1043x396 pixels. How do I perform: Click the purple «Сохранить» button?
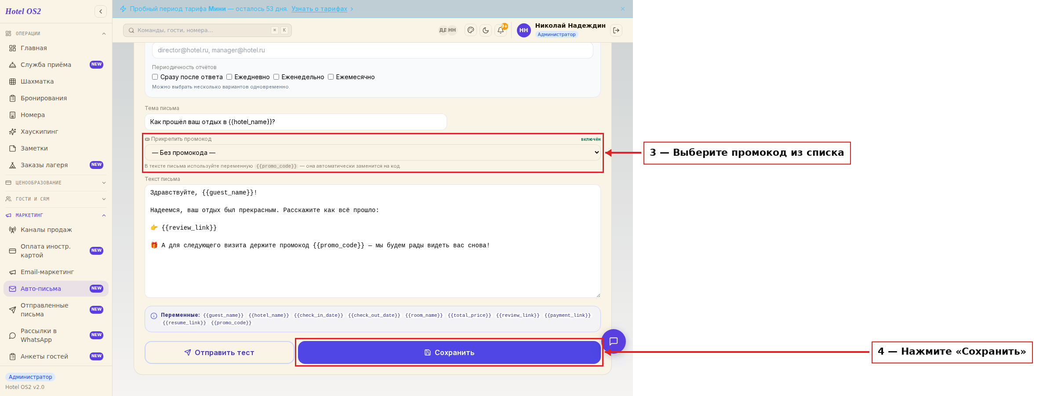[x=449, y=352]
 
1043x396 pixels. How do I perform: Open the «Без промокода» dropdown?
[x=373, y=153]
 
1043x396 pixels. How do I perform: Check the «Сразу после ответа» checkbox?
[x=155, y=77]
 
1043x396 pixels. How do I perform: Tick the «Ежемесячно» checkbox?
[x=331, y=77]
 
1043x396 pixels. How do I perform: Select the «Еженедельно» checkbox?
[x=276, y=77]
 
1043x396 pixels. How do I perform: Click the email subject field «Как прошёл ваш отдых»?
[x=296, y=122]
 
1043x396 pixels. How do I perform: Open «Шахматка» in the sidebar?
[x=37, y=81]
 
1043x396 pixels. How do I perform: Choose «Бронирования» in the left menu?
[x=44, y=98]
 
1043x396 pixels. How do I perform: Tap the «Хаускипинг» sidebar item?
[x=40, y=132]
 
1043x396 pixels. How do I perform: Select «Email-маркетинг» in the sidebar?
[x=47, y=272]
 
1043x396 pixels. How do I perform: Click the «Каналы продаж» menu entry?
[x=46, y=230]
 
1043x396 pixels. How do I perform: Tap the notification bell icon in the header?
[x=501, y=30]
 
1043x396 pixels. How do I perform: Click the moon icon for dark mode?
[x=486, y=30]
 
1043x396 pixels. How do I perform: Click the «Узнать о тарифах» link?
[x=320, y=9]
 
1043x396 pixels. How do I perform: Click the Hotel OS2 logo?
[x=23, y=11]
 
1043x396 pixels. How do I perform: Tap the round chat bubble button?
[x=614, y=341]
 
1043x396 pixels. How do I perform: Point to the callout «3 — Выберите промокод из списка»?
[x=747, y=153]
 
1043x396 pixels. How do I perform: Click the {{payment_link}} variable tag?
[x=568, y=315]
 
